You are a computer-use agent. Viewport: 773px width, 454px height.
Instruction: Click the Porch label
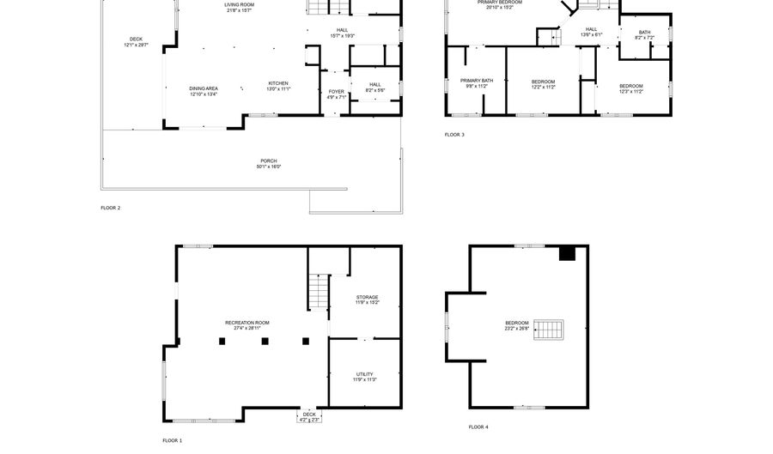tap(268, 163)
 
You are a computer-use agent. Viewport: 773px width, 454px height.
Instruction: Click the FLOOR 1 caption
tap(172, 440)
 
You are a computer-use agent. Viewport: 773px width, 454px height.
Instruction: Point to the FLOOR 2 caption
tap(110, 208)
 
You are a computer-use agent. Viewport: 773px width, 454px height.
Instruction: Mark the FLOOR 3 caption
tap(454, 135)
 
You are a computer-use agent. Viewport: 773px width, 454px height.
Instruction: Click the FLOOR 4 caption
tap(478, 427)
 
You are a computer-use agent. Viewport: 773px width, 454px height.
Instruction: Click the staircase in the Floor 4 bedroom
tap(550, 329)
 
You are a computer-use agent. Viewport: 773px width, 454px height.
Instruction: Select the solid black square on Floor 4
tap(567, 253)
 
